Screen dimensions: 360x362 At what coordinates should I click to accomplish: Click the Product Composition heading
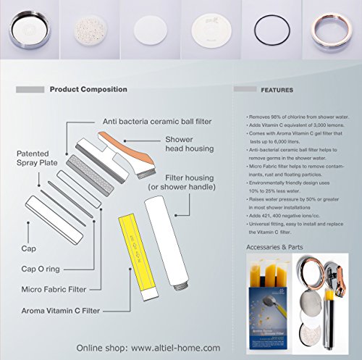coord(88,90)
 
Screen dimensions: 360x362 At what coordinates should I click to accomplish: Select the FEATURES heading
coord(278,91)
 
